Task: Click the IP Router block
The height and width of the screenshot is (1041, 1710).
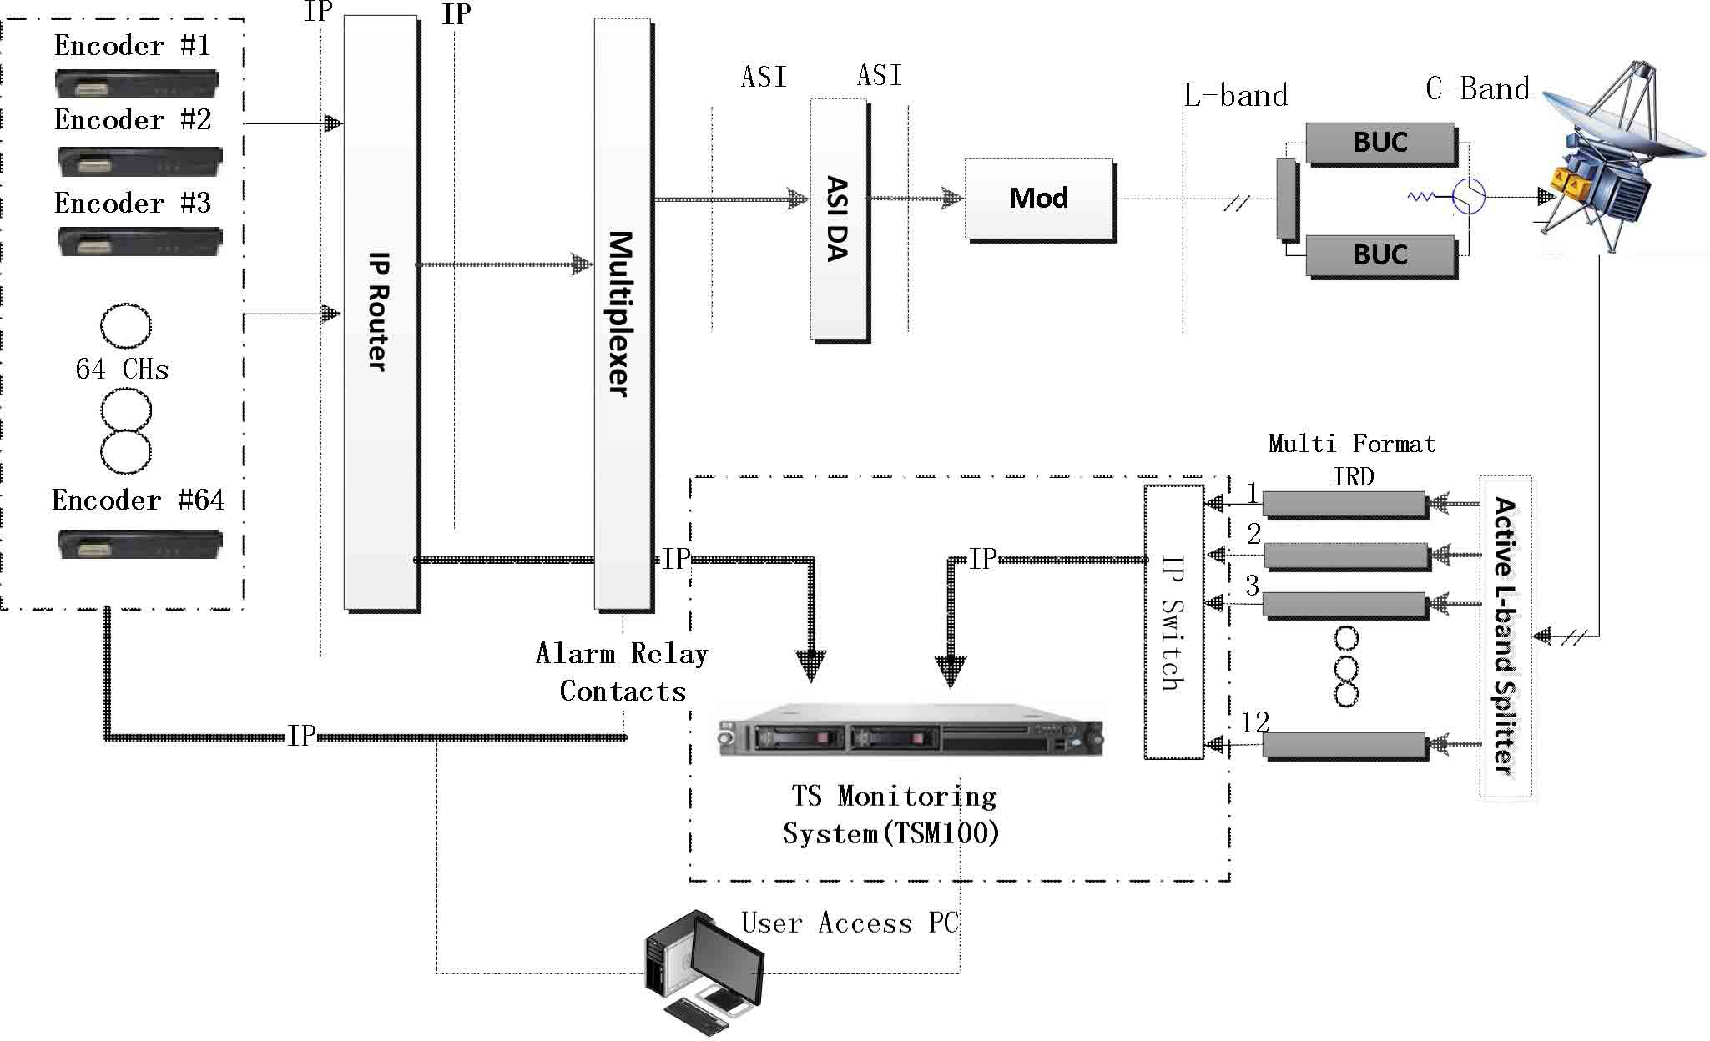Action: tap(381, 312)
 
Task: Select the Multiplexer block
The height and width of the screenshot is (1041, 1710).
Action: tap(623, 314)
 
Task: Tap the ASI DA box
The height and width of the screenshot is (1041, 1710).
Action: tap(839, 219)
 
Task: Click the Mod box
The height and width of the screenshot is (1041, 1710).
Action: tap(1039, 199)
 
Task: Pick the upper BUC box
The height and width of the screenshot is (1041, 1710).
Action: tap(1380, 143)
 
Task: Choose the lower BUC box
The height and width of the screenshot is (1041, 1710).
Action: tap(1380, 255)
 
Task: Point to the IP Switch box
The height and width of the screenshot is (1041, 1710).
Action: tap(1173, 622)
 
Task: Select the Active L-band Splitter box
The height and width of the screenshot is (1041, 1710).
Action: tap(1505, 636)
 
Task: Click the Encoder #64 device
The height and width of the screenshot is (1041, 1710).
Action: tap(139, 544)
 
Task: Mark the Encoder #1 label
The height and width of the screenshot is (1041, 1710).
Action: tap(132, 46)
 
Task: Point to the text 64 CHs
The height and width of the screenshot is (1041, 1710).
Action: tap(122, 370)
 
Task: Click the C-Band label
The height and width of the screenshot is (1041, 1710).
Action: tap(1477, 89)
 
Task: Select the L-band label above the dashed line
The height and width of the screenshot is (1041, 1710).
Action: tap(1235, 96)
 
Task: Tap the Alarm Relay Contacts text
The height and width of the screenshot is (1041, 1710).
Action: tap(623, 672)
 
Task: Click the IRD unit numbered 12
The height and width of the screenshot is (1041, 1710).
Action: tap(1344, 745)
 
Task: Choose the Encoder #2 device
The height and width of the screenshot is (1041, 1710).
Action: tap(139, 160)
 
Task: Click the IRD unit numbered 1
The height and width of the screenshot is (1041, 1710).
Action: tap(1344, 504)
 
